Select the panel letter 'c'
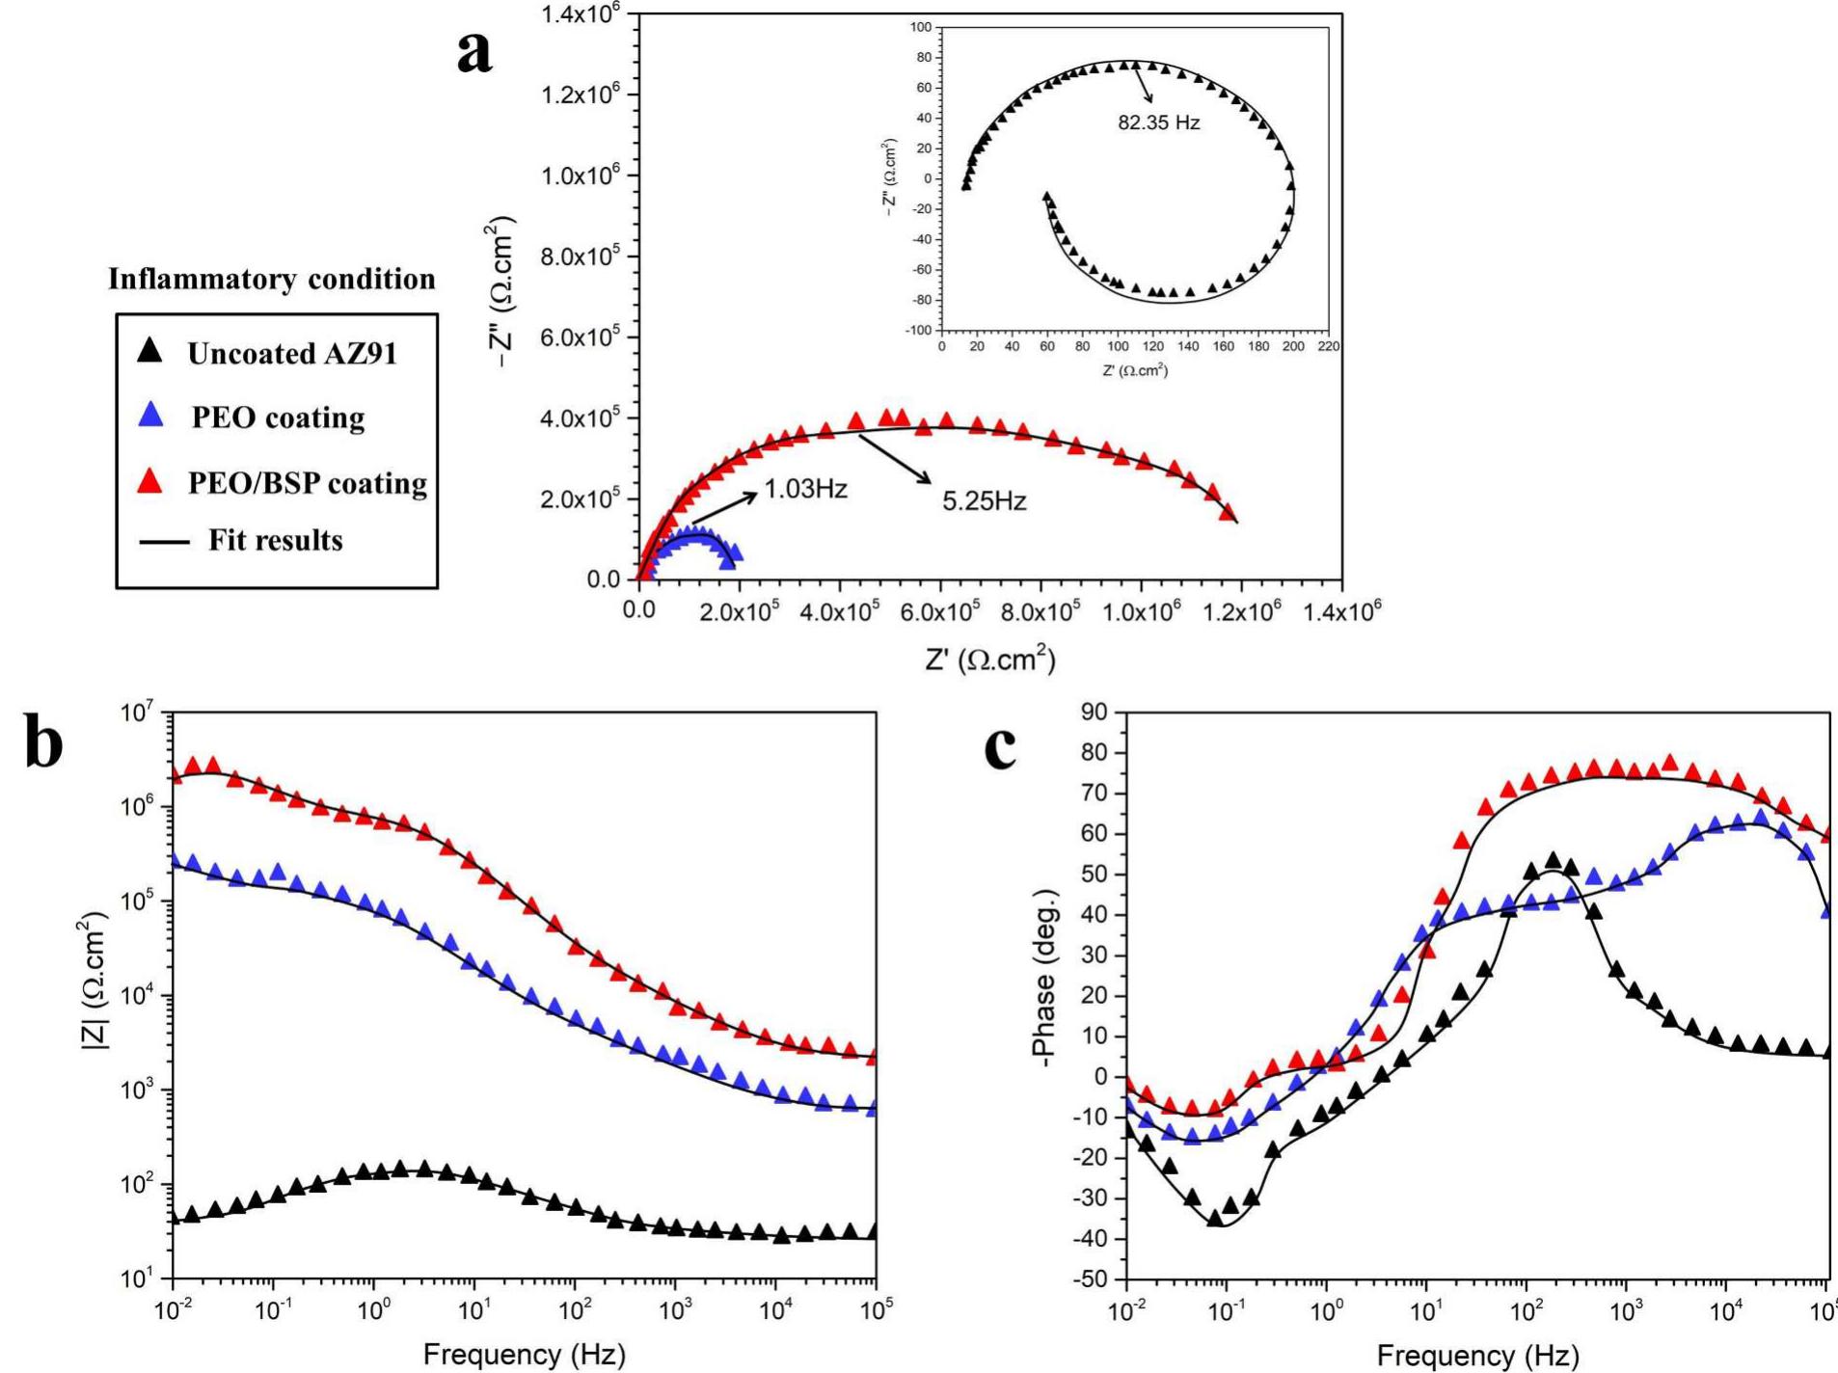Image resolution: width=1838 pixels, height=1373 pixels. [x=1001, y=748]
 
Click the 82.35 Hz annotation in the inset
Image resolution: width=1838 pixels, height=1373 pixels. [x=1158, y=123]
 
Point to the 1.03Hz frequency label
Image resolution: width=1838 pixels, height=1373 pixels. [x=805, y=490]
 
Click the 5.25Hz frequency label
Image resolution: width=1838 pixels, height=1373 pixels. [x=984, y=501]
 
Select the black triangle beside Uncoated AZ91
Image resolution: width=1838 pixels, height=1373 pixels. [x=149, y=351]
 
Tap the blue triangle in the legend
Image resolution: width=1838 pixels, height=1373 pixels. [x=151, y=416]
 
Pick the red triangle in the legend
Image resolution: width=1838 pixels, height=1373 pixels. [x=149, y=481]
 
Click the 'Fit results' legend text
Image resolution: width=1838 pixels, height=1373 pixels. [x=276, y=541]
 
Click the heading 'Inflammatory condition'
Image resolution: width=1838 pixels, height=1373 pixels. [x=271, y=280]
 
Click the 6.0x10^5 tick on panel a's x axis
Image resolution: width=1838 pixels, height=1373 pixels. [x=940, y=612]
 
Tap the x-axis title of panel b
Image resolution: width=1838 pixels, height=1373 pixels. [x=524, y=1355]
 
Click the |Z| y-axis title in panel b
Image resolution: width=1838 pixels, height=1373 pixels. [x=94, y=980]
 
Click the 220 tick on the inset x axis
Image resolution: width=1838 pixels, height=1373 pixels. [x=1329, y=346]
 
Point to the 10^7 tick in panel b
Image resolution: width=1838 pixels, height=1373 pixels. [x=138, y=713]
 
